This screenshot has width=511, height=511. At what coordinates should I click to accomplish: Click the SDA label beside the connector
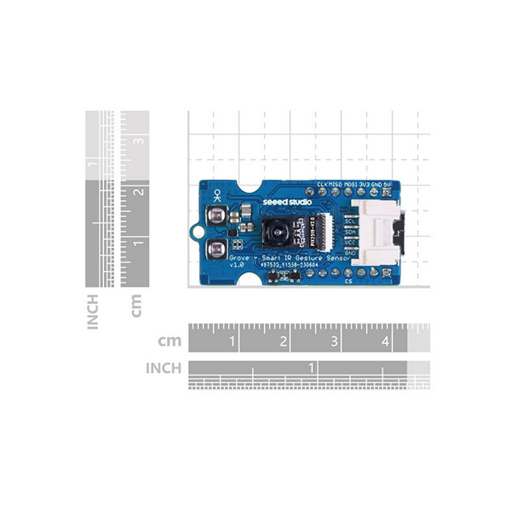[x=348, y=231]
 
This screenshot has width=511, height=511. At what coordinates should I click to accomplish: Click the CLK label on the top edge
[x=322, y=184]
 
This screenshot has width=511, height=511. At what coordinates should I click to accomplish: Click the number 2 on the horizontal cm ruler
[x=283, y=342]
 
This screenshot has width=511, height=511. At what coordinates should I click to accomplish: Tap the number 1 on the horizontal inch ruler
[x=312, y=366]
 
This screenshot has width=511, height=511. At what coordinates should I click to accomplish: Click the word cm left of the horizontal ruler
[x=170, y=342]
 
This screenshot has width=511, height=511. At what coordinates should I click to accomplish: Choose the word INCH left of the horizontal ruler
[x=164, y=368]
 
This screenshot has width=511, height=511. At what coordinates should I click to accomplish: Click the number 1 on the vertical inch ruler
[x=92, y=164]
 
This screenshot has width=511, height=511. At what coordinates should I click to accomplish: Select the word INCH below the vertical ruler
[x=92, y=312]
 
